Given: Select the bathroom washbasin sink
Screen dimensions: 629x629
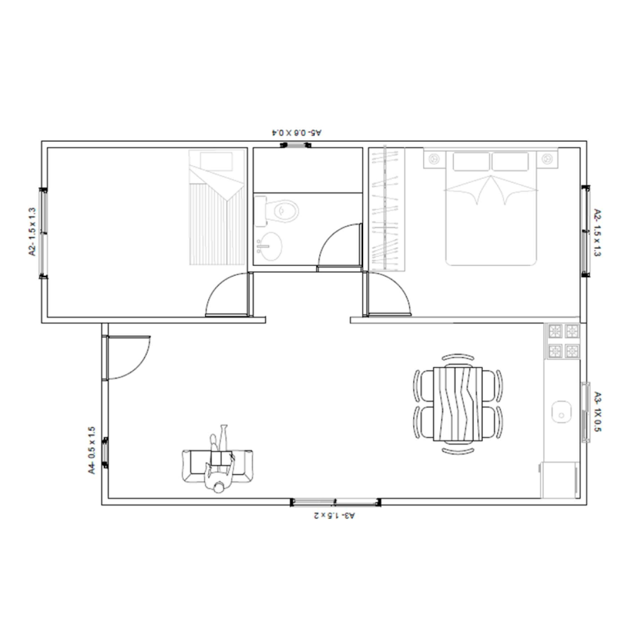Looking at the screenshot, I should point(268,246).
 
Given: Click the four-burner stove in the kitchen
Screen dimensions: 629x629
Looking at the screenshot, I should point(562,340).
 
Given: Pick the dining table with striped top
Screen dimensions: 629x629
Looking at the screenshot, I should point(458,403).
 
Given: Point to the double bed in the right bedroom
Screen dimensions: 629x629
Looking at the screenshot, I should point(491,210).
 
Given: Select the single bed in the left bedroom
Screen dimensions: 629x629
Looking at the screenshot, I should point(217,208).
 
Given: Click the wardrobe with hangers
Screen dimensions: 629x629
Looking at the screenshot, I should point(387,209).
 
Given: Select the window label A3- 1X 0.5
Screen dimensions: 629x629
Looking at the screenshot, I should point(597,412).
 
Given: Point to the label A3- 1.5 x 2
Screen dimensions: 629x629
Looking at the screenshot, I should point(335,516).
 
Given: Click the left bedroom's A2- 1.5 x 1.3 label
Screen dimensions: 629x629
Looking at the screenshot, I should point(33,231).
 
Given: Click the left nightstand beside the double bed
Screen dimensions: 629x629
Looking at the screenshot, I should point(434,159).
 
